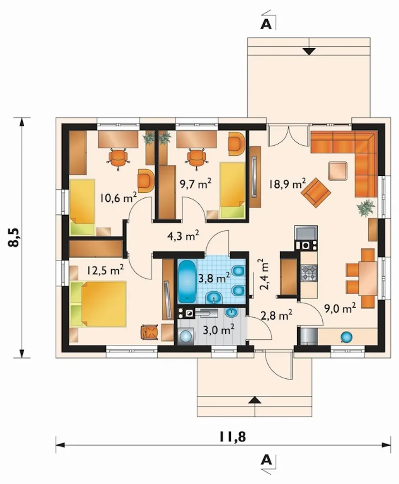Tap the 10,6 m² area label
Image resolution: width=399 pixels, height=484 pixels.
point(118,198)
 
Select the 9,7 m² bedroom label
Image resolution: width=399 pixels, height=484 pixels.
point(196,184)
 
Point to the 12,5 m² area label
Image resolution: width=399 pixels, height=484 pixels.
point(105,270)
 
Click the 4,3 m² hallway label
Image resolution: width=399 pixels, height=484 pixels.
point(183,236)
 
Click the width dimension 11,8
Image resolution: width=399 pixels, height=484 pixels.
point(233,436)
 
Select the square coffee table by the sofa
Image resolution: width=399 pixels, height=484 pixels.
point(338,171)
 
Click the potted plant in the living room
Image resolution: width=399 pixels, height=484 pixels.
point(366,208)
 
